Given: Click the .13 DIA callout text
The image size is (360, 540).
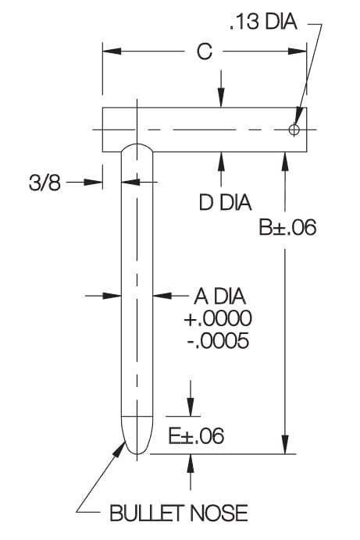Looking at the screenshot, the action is [x=263, y=23].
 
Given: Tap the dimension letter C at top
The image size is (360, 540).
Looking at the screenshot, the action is [x=205, y=52].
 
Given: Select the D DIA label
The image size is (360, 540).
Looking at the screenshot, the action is [x=226, y=202].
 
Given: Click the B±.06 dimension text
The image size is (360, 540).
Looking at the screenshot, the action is [x=287, y=228].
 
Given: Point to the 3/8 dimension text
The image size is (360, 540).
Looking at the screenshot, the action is [x=45, y=182].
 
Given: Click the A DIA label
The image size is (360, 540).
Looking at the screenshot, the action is [x=220, y=297].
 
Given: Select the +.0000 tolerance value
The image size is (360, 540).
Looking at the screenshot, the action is [x=218, y=318].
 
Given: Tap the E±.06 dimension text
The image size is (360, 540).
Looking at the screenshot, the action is [x=196, y=435].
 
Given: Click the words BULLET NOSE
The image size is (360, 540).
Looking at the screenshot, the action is [x=179, y=513].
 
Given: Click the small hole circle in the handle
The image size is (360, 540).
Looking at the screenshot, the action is [x=294, y=130].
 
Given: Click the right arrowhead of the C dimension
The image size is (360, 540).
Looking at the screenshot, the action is [x=298, y=52].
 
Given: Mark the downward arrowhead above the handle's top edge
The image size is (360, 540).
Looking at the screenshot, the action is [x=221, y=98].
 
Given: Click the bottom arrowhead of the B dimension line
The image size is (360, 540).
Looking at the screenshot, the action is [x=285, y=445].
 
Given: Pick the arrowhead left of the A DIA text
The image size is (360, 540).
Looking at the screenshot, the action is [x=162, y=296].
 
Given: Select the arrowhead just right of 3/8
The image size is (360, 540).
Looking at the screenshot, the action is [x=94, y=182].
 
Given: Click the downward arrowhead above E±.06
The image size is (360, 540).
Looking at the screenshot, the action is [x=191, y=407].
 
